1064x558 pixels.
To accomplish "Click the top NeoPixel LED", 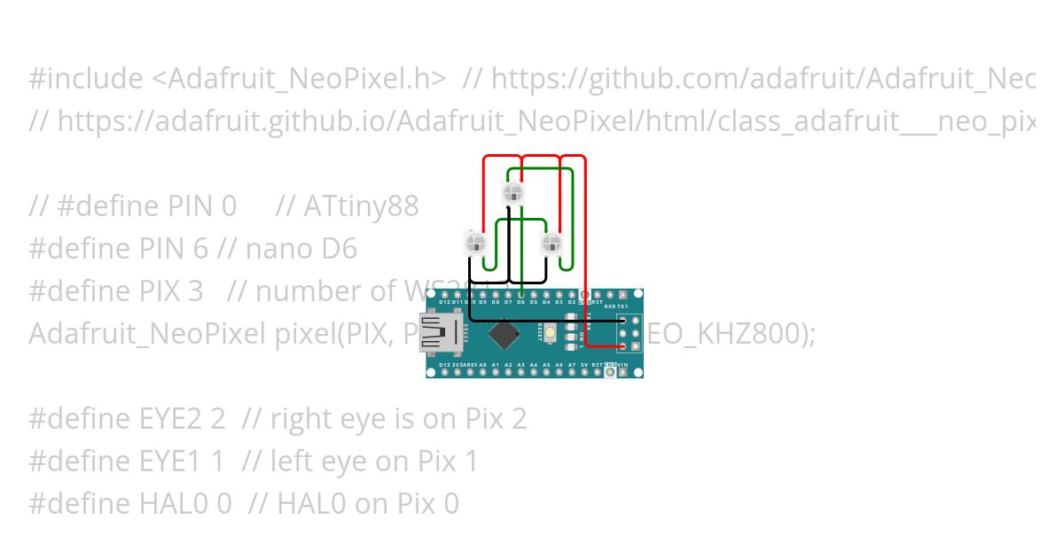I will point(512,192).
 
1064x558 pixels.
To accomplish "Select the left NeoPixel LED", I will point(475,242).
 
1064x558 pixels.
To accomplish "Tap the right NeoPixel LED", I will point(552,242).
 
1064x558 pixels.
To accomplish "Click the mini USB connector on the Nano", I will point(441,332).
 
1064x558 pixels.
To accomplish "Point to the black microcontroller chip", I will point(505,334).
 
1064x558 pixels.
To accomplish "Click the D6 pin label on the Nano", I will point(520,302).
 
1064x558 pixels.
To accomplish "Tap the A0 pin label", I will point(482,365).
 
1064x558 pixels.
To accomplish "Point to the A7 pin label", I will point(572,365).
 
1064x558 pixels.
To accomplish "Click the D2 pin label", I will point(572,302).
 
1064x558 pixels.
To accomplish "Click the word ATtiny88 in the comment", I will point(361,206).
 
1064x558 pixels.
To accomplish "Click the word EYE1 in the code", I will point(171,461).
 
